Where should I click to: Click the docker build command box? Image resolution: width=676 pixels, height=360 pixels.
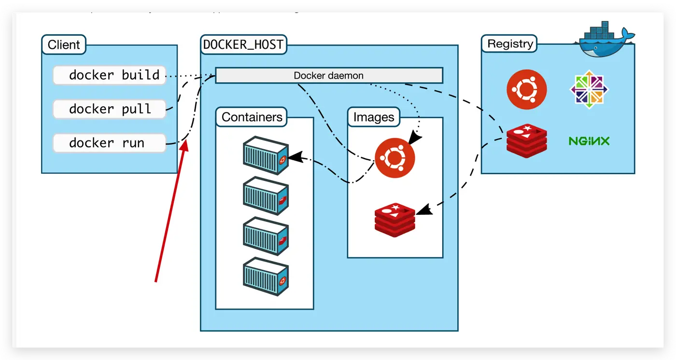coord(109,75)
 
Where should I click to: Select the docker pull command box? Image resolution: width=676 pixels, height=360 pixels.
coord(109,109)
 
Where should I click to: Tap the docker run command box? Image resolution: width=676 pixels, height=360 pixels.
coord(109,143)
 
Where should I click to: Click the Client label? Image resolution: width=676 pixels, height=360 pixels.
coord(64,45)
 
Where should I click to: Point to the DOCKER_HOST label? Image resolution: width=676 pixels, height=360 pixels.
coord(243,44)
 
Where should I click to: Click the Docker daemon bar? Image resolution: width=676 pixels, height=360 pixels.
coord(329,76)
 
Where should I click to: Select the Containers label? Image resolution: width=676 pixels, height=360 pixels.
coord(252,117)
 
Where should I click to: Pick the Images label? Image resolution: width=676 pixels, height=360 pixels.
coord(374,117)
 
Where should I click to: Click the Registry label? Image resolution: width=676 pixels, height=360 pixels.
coord(510,44)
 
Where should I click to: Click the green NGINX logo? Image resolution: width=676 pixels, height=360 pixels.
coord(589,141)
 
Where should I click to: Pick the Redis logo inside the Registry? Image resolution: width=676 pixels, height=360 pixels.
coord(527,141)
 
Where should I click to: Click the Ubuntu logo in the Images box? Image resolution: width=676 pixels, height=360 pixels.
coord(394,158)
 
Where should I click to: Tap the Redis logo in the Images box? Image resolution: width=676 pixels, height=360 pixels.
coord(394,220)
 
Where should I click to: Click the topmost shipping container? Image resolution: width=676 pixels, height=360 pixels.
coord(266,155)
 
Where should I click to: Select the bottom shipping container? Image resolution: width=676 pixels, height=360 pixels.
coord(266,276)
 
